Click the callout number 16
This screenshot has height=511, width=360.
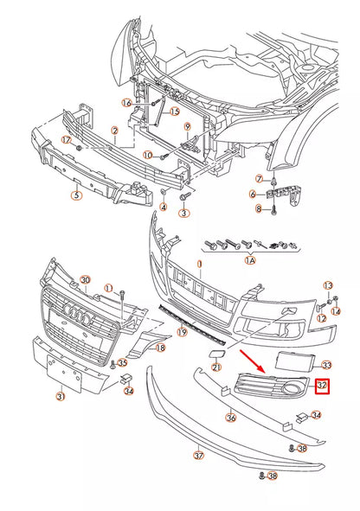[127, 103]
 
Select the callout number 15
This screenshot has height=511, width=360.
[174, 112]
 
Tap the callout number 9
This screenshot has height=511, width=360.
[186, 127]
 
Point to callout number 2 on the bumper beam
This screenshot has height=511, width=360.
[113, 131]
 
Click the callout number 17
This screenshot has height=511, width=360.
[65, 139]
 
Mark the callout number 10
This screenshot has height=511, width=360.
[147, 156]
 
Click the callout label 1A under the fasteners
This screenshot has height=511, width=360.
[250, 259]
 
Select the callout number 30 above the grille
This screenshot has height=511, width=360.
[85, 279]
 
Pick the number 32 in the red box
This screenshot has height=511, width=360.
[322, 385]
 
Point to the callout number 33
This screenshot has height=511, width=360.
[326, 366]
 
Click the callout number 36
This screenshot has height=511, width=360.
[230, 418]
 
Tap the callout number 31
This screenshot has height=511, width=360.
[59, 397]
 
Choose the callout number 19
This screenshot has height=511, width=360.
[182, 332]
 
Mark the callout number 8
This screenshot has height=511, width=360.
[258, 208]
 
